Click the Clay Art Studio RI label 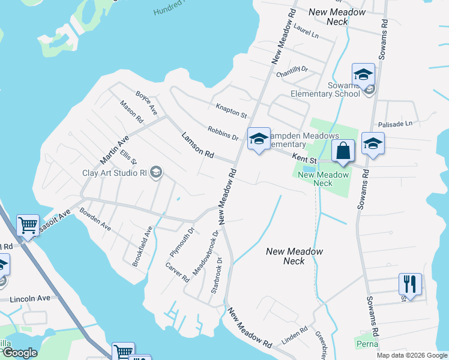point(113,173)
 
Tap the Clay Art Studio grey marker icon point(156,173)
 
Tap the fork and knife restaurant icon point(410,283)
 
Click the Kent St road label point(304,158)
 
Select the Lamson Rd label point(198,145)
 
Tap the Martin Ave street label point(115,150)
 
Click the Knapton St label point(231,110)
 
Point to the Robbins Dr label point(223,133)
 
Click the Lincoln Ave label point(30,298)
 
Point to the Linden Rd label point(294,335)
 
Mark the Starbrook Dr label point(217,275)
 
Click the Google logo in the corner point(19,353)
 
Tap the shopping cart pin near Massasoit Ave point(28,226)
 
